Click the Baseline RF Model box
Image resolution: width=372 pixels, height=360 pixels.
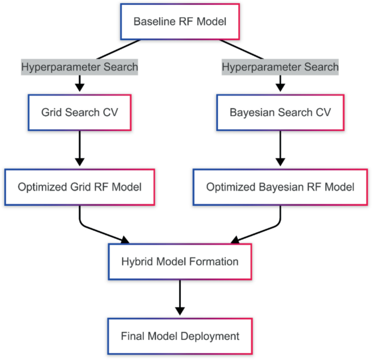180,22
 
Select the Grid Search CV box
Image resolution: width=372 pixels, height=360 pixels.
79,113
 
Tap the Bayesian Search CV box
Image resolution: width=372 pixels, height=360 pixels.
280,113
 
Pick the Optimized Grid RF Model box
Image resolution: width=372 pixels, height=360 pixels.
79,187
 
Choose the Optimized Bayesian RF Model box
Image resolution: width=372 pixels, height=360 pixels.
280,187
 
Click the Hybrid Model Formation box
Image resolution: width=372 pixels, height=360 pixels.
180,262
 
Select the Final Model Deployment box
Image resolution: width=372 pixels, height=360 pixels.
180,336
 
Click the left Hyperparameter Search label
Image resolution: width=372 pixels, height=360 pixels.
79,67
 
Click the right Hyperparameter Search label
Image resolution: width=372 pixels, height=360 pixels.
280,67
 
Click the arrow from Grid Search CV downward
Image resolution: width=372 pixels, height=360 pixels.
79,147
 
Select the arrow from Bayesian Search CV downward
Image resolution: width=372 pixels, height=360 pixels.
280,147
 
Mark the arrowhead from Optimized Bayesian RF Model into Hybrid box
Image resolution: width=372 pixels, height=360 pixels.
235,239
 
